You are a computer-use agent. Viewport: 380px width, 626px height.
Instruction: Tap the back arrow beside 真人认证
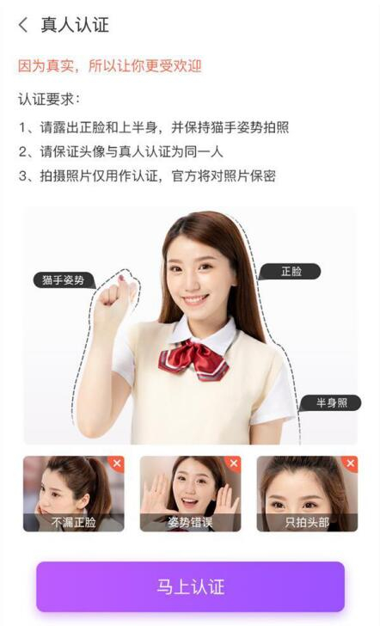23,25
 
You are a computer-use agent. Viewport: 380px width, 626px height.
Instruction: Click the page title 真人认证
75,25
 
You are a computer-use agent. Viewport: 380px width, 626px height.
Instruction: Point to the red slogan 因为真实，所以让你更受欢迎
109,66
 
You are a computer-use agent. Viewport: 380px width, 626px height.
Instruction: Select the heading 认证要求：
49,99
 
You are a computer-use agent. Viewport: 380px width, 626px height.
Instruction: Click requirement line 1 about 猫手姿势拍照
154,127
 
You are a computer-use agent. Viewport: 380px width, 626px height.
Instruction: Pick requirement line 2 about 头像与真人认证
120,151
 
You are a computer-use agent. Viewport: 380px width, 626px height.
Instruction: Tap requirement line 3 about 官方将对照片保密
147,176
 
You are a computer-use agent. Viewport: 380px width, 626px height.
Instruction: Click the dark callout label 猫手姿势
64,279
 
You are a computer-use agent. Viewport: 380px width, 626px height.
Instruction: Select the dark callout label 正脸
291,272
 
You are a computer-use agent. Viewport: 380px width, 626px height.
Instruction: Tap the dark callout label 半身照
331,402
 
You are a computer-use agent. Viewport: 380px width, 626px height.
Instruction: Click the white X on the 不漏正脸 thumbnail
117,463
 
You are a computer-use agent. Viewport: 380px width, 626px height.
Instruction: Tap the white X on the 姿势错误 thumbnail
234,463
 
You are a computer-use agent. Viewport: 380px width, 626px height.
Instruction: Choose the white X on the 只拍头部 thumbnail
351,463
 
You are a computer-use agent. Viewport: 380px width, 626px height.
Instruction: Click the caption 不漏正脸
74,522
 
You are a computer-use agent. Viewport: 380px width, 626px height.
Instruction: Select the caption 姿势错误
190,522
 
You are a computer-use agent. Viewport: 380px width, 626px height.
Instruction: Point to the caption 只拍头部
307,522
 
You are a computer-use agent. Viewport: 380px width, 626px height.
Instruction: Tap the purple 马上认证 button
190,586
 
